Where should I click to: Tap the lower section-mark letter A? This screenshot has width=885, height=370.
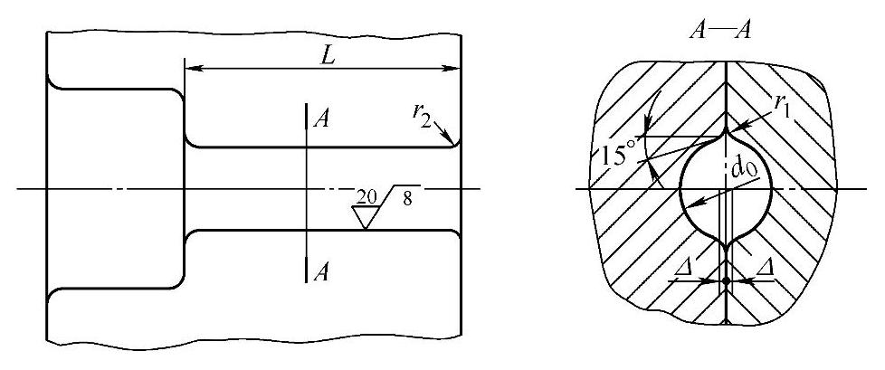(x=318, y=273)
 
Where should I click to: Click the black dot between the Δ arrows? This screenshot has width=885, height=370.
(x=726, y=280)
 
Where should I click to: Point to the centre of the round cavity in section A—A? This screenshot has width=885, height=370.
(x=726, y=188)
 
